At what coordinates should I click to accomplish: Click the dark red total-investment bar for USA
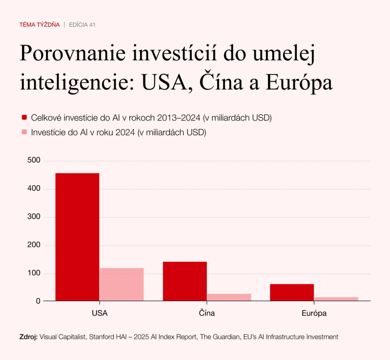pos(77,237)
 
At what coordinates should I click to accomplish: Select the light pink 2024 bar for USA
pos(121,284)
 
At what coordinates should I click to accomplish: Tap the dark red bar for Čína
pos(185,281)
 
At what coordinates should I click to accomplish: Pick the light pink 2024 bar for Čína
pos(229,297)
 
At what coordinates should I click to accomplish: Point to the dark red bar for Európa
pos(292,292)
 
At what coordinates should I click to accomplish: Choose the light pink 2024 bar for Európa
pos(336,299)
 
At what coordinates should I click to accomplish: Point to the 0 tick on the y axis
pos(38,301)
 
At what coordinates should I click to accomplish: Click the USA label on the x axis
pos(99,314)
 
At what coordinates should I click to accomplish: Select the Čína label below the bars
pos(207,314)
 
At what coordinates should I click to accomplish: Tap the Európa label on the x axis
pos(314,314)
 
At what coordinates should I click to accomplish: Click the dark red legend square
pos(24,117)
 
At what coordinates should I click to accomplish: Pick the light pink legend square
pos(24,132)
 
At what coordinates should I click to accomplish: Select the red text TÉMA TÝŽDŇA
pos(39,25)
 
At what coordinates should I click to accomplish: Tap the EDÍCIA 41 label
pos(82,25)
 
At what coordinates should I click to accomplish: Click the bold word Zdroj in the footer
pos(28,337)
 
